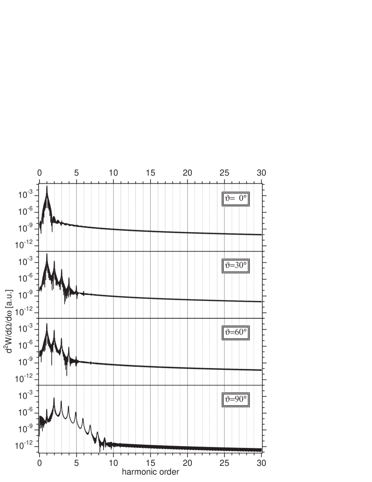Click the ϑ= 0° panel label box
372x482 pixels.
[x=235, y=199]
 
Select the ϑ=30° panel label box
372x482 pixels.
[x=235, y=266]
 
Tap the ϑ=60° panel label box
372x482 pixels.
[x=235, y=333]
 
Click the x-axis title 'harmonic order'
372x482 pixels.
[x=150, y=472]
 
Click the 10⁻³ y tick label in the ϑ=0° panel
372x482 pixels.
[x=25, y=195]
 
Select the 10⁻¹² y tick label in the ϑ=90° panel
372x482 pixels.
[x=24, y=445]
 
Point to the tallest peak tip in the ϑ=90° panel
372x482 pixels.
[x=54, y=397]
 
